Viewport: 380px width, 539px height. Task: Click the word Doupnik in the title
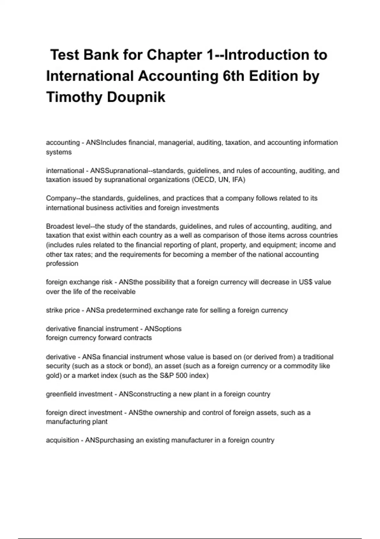coord(136,97)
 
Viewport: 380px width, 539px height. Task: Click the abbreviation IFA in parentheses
coord(238,180)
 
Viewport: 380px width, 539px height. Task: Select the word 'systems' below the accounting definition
coord(59,152)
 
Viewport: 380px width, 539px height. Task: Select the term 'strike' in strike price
coord(54,310)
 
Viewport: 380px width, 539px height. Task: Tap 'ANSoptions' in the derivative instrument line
coord(163,329)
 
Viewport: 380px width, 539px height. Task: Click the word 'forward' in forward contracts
coord(110,338)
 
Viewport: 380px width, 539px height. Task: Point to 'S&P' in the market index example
coord(167,376)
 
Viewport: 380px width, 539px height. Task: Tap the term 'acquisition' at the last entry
coord(62,440)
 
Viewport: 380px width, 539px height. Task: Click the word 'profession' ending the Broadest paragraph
coord(62,264)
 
